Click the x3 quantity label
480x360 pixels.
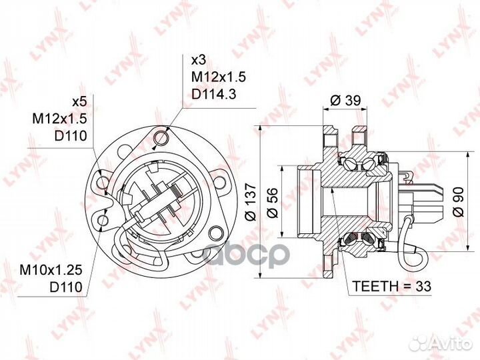tap(199, 60)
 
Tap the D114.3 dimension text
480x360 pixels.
tap(214, 94)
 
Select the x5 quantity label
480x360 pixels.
tap(79, 102)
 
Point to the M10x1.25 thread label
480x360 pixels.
tap(51, 270)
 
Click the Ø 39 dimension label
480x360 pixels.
tap(346, 100)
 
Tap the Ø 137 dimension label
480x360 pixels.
tap(251, 202)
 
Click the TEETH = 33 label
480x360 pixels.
tap(392, 286)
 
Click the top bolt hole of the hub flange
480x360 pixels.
tap(161, 137)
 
